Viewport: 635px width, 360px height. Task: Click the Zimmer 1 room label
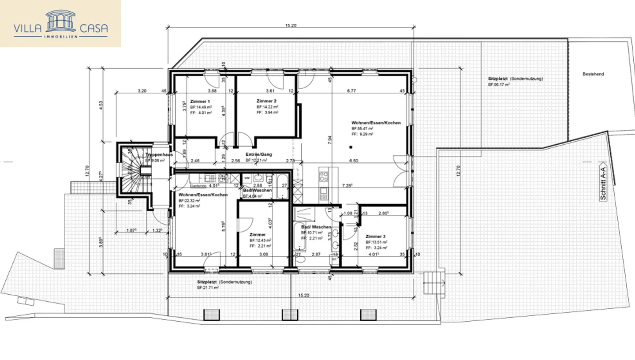coord(200,101)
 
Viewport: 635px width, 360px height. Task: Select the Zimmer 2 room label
coord(266,101)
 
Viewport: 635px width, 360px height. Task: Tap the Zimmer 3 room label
coord(375,236)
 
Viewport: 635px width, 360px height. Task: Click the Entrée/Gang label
coord(259,154)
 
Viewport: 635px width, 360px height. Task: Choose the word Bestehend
coord(593,74)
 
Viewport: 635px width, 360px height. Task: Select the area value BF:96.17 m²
coord(499,84)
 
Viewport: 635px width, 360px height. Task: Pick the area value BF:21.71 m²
coord(208,287)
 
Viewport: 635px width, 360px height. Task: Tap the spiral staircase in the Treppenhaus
coord(131,169)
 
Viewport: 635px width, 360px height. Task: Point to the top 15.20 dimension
coord(291,26)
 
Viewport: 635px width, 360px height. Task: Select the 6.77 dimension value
coord(351,91)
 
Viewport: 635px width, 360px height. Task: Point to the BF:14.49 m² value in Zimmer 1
coord(201,107)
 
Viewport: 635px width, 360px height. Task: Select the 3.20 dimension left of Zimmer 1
coord(142,91)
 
